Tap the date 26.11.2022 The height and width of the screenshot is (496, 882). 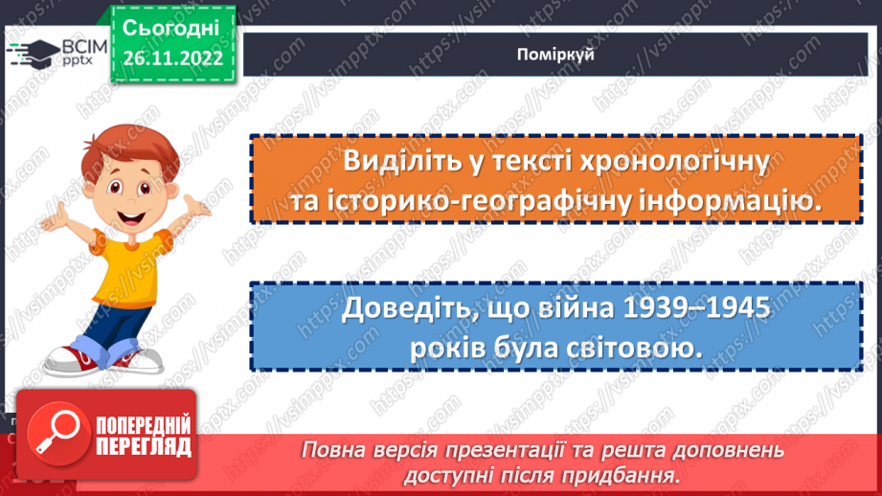(171, 58)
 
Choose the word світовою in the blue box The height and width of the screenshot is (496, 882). (634, 349)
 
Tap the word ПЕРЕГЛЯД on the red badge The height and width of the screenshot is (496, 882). (144, 447)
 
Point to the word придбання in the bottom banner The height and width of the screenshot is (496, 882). (622, 474)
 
